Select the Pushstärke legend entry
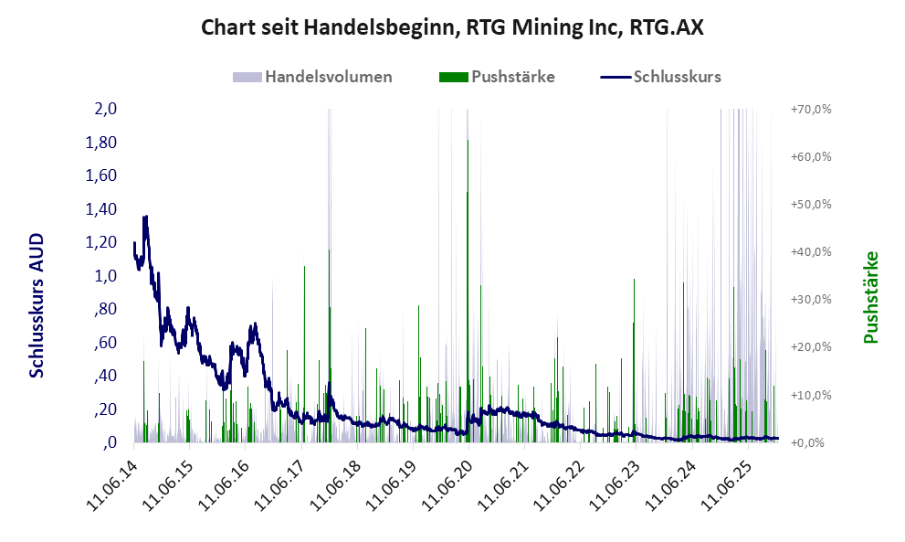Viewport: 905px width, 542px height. click(x=512, y=77)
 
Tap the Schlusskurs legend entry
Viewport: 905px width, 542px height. click(x=676, y=77)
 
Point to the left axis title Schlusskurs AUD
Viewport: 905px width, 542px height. click(x=37, y=304)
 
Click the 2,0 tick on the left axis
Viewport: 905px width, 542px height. click(x=106, y=109)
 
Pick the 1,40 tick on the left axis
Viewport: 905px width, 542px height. click(x=101, y=209)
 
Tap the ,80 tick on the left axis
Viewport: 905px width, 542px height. click(x=104, y=309)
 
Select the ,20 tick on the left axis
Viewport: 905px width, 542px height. click(x=104, y=409)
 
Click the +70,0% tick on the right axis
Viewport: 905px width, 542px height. click(x=810, y=109)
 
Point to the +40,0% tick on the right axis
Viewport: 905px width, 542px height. click(x=810, y=252)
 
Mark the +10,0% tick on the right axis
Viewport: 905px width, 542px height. click(x=810, y=395)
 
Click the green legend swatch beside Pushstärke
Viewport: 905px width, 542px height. click(x=454, y=77)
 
